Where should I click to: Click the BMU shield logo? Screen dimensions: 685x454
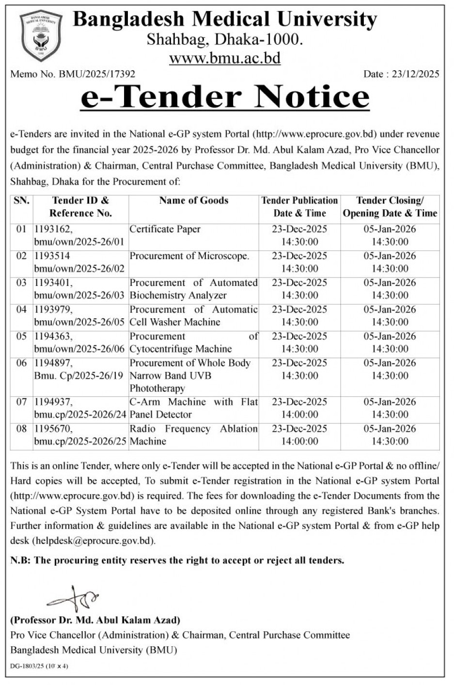point(41,36)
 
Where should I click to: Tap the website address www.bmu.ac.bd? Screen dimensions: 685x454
point(225,59)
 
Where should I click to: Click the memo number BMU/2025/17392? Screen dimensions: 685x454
point(97,74)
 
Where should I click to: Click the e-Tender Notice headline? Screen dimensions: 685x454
point(225,97)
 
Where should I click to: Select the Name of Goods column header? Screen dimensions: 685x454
point(193,201)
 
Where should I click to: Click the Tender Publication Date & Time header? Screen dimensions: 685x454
point(299,207)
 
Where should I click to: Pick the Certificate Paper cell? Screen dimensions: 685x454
point(165,229)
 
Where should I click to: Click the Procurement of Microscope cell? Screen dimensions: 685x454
point(189,256)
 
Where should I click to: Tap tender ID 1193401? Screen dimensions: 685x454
point(52,283)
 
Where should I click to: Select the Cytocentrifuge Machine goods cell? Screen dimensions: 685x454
point(180,349)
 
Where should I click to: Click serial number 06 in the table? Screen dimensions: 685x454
point(21,363)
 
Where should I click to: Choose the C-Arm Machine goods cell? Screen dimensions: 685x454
point(193,408)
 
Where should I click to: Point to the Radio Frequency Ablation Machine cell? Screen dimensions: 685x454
point(193,435)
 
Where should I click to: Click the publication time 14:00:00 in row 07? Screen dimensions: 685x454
point(299,415)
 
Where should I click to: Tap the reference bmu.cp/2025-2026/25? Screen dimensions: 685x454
point(80,441)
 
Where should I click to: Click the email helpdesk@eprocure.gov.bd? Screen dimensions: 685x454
point(94,541)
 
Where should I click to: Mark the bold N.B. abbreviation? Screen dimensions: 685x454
point(20,560)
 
